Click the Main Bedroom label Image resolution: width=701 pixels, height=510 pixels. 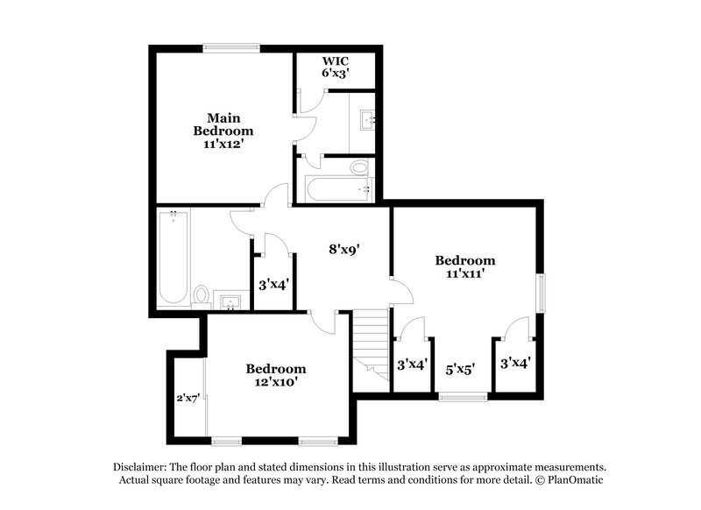(x=223, y=130)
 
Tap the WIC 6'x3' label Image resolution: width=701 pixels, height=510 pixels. (x=336, y=67)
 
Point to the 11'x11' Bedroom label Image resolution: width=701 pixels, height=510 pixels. (x=464, y=266)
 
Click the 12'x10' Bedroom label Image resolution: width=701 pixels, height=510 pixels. (x=275, y=375)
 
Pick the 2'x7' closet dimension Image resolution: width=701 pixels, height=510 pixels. (x=188, y=397)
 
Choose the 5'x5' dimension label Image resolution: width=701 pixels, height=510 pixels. (x=460, y=370)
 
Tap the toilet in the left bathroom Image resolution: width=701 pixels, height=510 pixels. (x=201, y=294)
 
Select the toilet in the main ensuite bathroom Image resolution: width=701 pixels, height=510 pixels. (x=359, y=167)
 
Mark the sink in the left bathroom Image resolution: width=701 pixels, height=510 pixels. (x=230, y=302)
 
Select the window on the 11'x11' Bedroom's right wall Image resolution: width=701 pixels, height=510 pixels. (x=542, y=292)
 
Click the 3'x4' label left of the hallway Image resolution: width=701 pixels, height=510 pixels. (x=273, y=284)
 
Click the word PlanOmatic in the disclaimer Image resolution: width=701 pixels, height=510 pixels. (x=575, y=480)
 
